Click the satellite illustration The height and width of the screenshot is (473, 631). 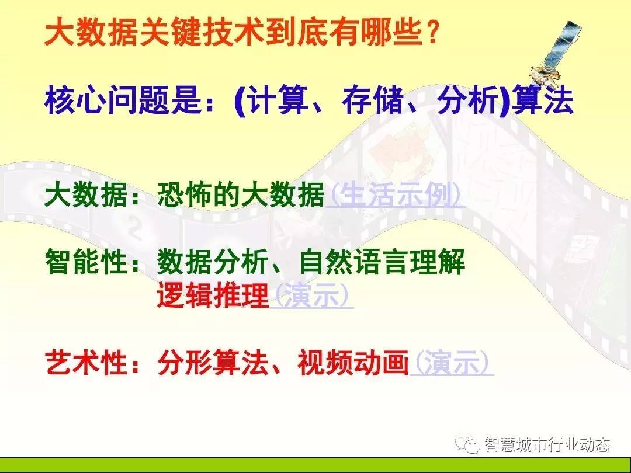pyautogui.click(x=556, y=53)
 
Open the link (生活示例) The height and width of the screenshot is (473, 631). pyautogui.click(x=395, y=195)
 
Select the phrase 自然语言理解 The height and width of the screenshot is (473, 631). pyautogui.click(x=382, y=262)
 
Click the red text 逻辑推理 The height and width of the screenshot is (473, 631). pyautogui.click(x=213, y=295)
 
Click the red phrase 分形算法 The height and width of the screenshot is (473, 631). pyautogui.click(x=213, y=363)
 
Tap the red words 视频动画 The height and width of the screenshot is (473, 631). pyautogui.click(x=353, y=363)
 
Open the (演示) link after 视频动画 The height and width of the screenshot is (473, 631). pyautogui.click(x=451, y=363)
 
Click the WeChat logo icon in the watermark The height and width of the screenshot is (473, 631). pyautogui.click(x=467, y=444)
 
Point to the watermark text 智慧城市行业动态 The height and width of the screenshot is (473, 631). pyautogui.click(x=547, y=444)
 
